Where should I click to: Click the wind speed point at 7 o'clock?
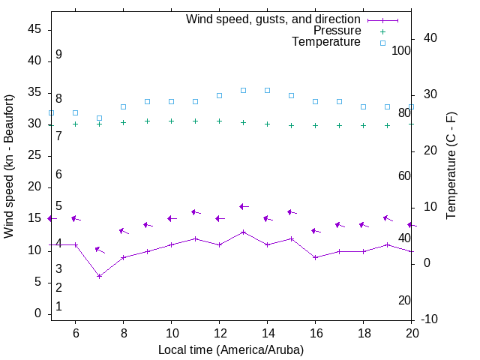coord(99,276)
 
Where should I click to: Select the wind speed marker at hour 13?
coord(243,232)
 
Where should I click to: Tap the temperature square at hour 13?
coord(243,90)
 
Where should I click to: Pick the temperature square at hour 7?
coord(99,118)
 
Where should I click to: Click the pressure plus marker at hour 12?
coord(219,121)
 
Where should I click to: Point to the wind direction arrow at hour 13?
coord(244,206)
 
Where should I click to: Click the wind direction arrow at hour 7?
coord(100,250)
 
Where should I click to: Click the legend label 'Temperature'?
coord(326,43)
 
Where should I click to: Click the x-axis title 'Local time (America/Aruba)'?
coord(231,349)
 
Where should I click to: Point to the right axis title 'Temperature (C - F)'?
coord(451,166)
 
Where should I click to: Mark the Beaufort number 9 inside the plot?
coord(58,55)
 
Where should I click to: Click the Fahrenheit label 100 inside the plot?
coord(401,50)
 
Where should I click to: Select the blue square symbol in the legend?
coord(382,43)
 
